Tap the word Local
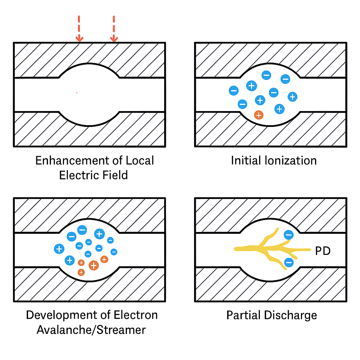coord(140,160)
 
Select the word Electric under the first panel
coord(79,175)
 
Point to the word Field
coord(115,175)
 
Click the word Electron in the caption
coord(136,315)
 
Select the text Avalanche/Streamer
coord(91,330)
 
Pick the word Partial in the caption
coord(243,315)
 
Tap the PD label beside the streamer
coord(323,251)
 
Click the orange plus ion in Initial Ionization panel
coord(259,115)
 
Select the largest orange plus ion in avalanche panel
coord(94,265)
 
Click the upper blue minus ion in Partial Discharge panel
coord(289,234)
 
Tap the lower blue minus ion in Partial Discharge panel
coord(289,262)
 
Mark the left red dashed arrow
coord(79,29)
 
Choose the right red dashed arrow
coord(114,29)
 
